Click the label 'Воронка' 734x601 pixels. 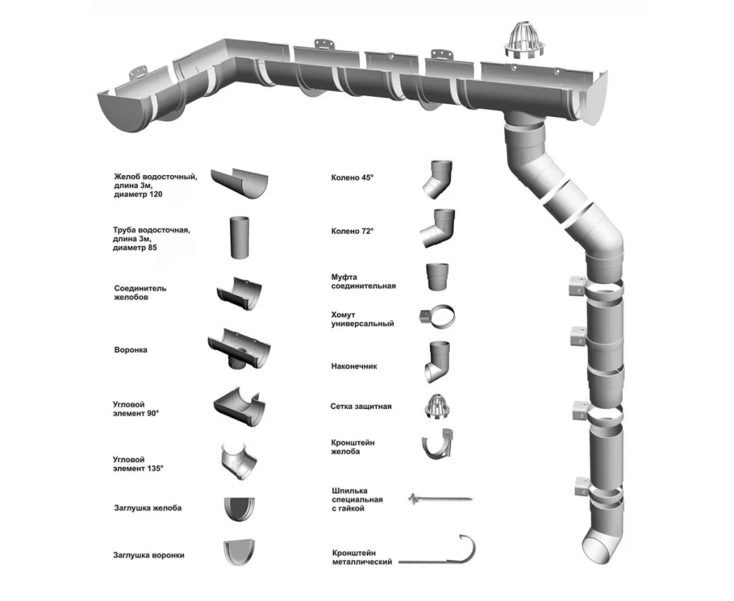pyautogui.click(x=130, y=350)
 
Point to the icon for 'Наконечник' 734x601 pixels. pyautogui.click(x=436, y=362)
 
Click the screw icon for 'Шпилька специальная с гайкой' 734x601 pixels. pyautogui.click(x=439, y=497)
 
